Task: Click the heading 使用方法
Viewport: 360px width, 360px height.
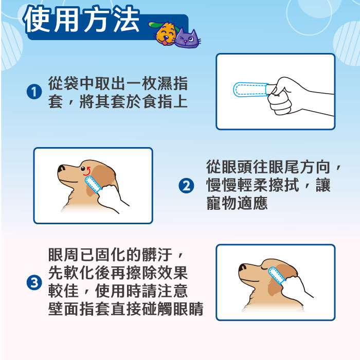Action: tap(81, 20)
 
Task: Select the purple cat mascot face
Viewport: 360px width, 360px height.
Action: tap(187, 39)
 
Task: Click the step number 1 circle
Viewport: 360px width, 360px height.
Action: tap(34, 92)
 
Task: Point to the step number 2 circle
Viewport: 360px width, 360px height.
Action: tap(186, 186)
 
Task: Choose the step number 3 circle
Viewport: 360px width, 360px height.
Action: tap(34, 282)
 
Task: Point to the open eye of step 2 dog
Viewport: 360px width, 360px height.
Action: tap(83, 169)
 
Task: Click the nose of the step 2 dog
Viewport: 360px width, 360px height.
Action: tap(61, 168)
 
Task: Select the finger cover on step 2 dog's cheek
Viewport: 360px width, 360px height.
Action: tap(93, 184)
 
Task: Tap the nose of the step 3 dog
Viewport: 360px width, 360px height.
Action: tap(242, 267)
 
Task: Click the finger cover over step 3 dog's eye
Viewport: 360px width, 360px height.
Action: tap(277, 275)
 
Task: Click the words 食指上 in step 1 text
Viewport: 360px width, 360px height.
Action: tap(165, 101)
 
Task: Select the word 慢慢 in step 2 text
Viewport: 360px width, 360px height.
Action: tap(222, 185)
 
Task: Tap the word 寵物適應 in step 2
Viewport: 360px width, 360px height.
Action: tap(237, 203)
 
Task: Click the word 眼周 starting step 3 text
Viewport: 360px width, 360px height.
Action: tap(64, 255)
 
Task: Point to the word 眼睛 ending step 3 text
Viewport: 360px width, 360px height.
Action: tap(188, 309)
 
